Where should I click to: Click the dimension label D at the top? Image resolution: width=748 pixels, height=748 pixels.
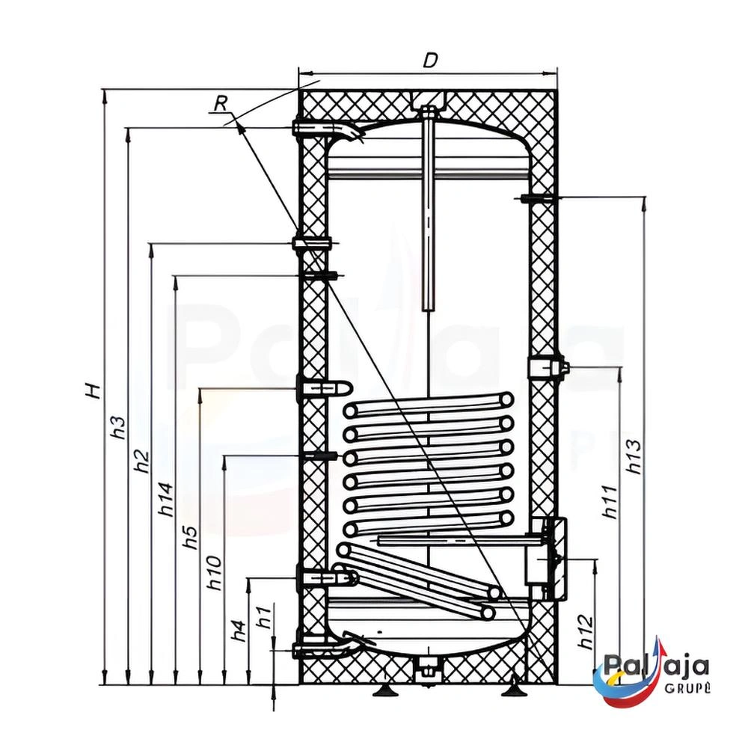pos(430,61)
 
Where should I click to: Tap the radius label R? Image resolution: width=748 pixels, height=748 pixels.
pos(220,103)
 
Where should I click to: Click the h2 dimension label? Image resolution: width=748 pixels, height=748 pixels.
pos(142,461)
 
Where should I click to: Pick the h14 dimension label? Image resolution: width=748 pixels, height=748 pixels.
pos(166,500)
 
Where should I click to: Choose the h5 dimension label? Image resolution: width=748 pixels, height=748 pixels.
pos(190,538)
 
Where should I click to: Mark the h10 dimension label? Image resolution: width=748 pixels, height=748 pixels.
pos(215,572)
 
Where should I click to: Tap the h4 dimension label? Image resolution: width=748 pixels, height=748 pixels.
pos(239,630)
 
